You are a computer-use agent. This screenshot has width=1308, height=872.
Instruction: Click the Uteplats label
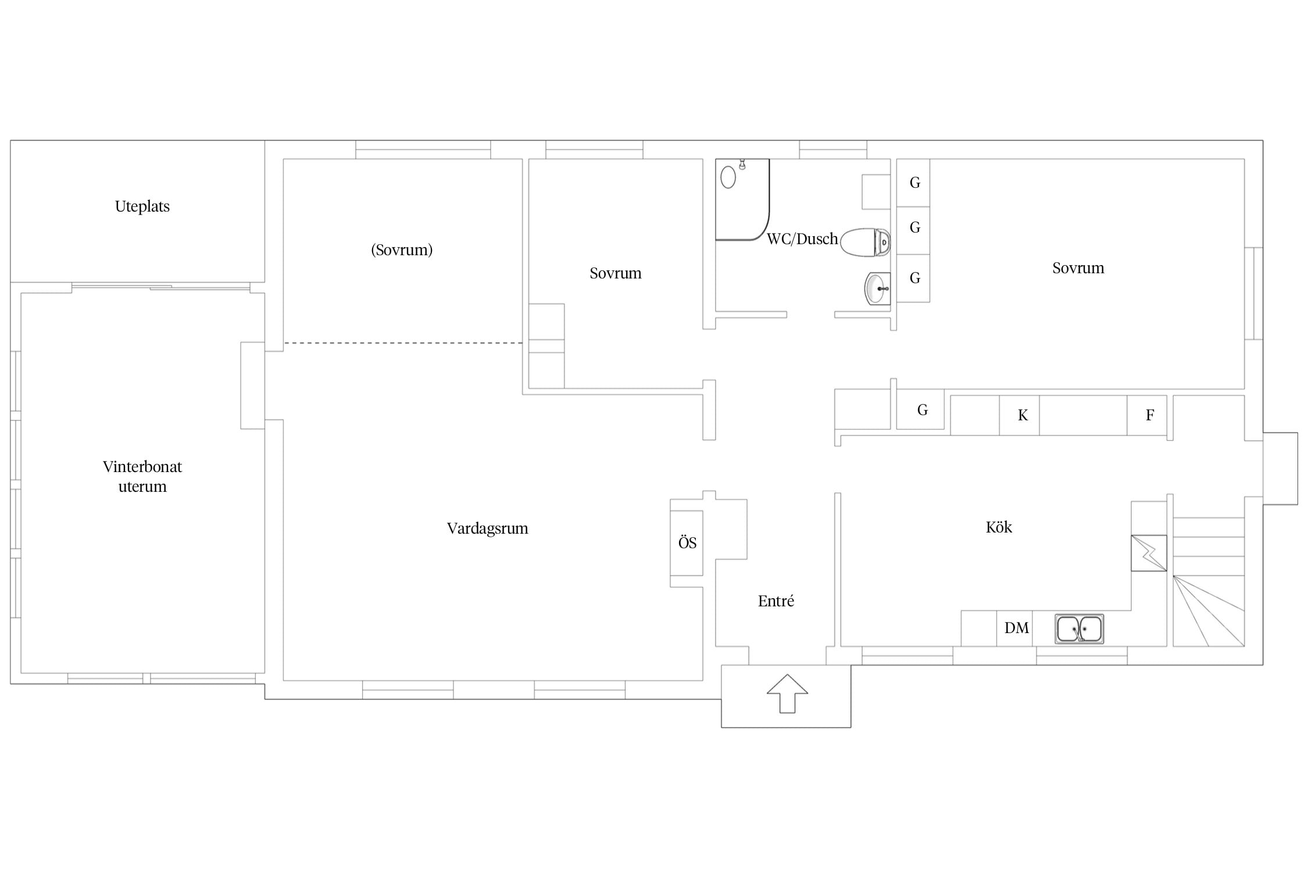coord(142,206)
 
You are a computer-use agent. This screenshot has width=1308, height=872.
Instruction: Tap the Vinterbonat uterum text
coord(142,476)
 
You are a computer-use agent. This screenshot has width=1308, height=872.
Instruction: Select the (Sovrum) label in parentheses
coord(402,250)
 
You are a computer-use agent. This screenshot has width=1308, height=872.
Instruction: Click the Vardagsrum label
coord(487,528)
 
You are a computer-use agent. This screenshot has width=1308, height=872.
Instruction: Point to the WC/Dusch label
coord(802,239)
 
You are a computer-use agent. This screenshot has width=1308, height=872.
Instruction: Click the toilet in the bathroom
coord(865,242)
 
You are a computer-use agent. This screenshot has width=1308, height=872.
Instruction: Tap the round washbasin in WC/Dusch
coord(877,288)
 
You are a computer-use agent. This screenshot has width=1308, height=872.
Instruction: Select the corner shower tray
coord(742,199)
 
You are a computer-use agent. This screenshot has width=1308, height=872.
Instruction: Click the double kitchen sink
coord(1080,629)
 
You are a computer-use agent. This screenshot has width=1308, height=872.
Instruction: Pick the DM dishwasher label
coord(1017,628)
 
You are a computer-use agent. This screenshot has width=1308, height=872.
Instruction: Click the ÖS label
coord(687,542)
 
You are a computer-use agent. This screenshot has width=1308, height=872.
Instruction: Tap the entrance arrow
coord(787,694)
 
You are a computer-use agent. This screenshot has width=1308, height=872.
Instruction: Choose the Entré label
coord(776,601)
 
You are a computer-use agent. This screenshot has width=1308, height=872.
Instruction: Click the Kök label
coord(999,527)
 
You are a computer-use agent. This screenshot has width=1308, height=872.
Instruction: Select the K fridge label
coord(1023,415)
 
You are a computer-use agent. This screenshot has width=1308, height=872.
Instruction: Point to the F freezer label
coord(1150,415)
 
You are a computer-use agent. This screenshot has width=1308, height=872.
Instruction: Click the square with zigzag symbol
coord(1149,553)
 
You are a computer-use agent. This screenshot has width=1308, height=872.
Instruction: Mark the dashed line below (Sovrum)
coord(403,343)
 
